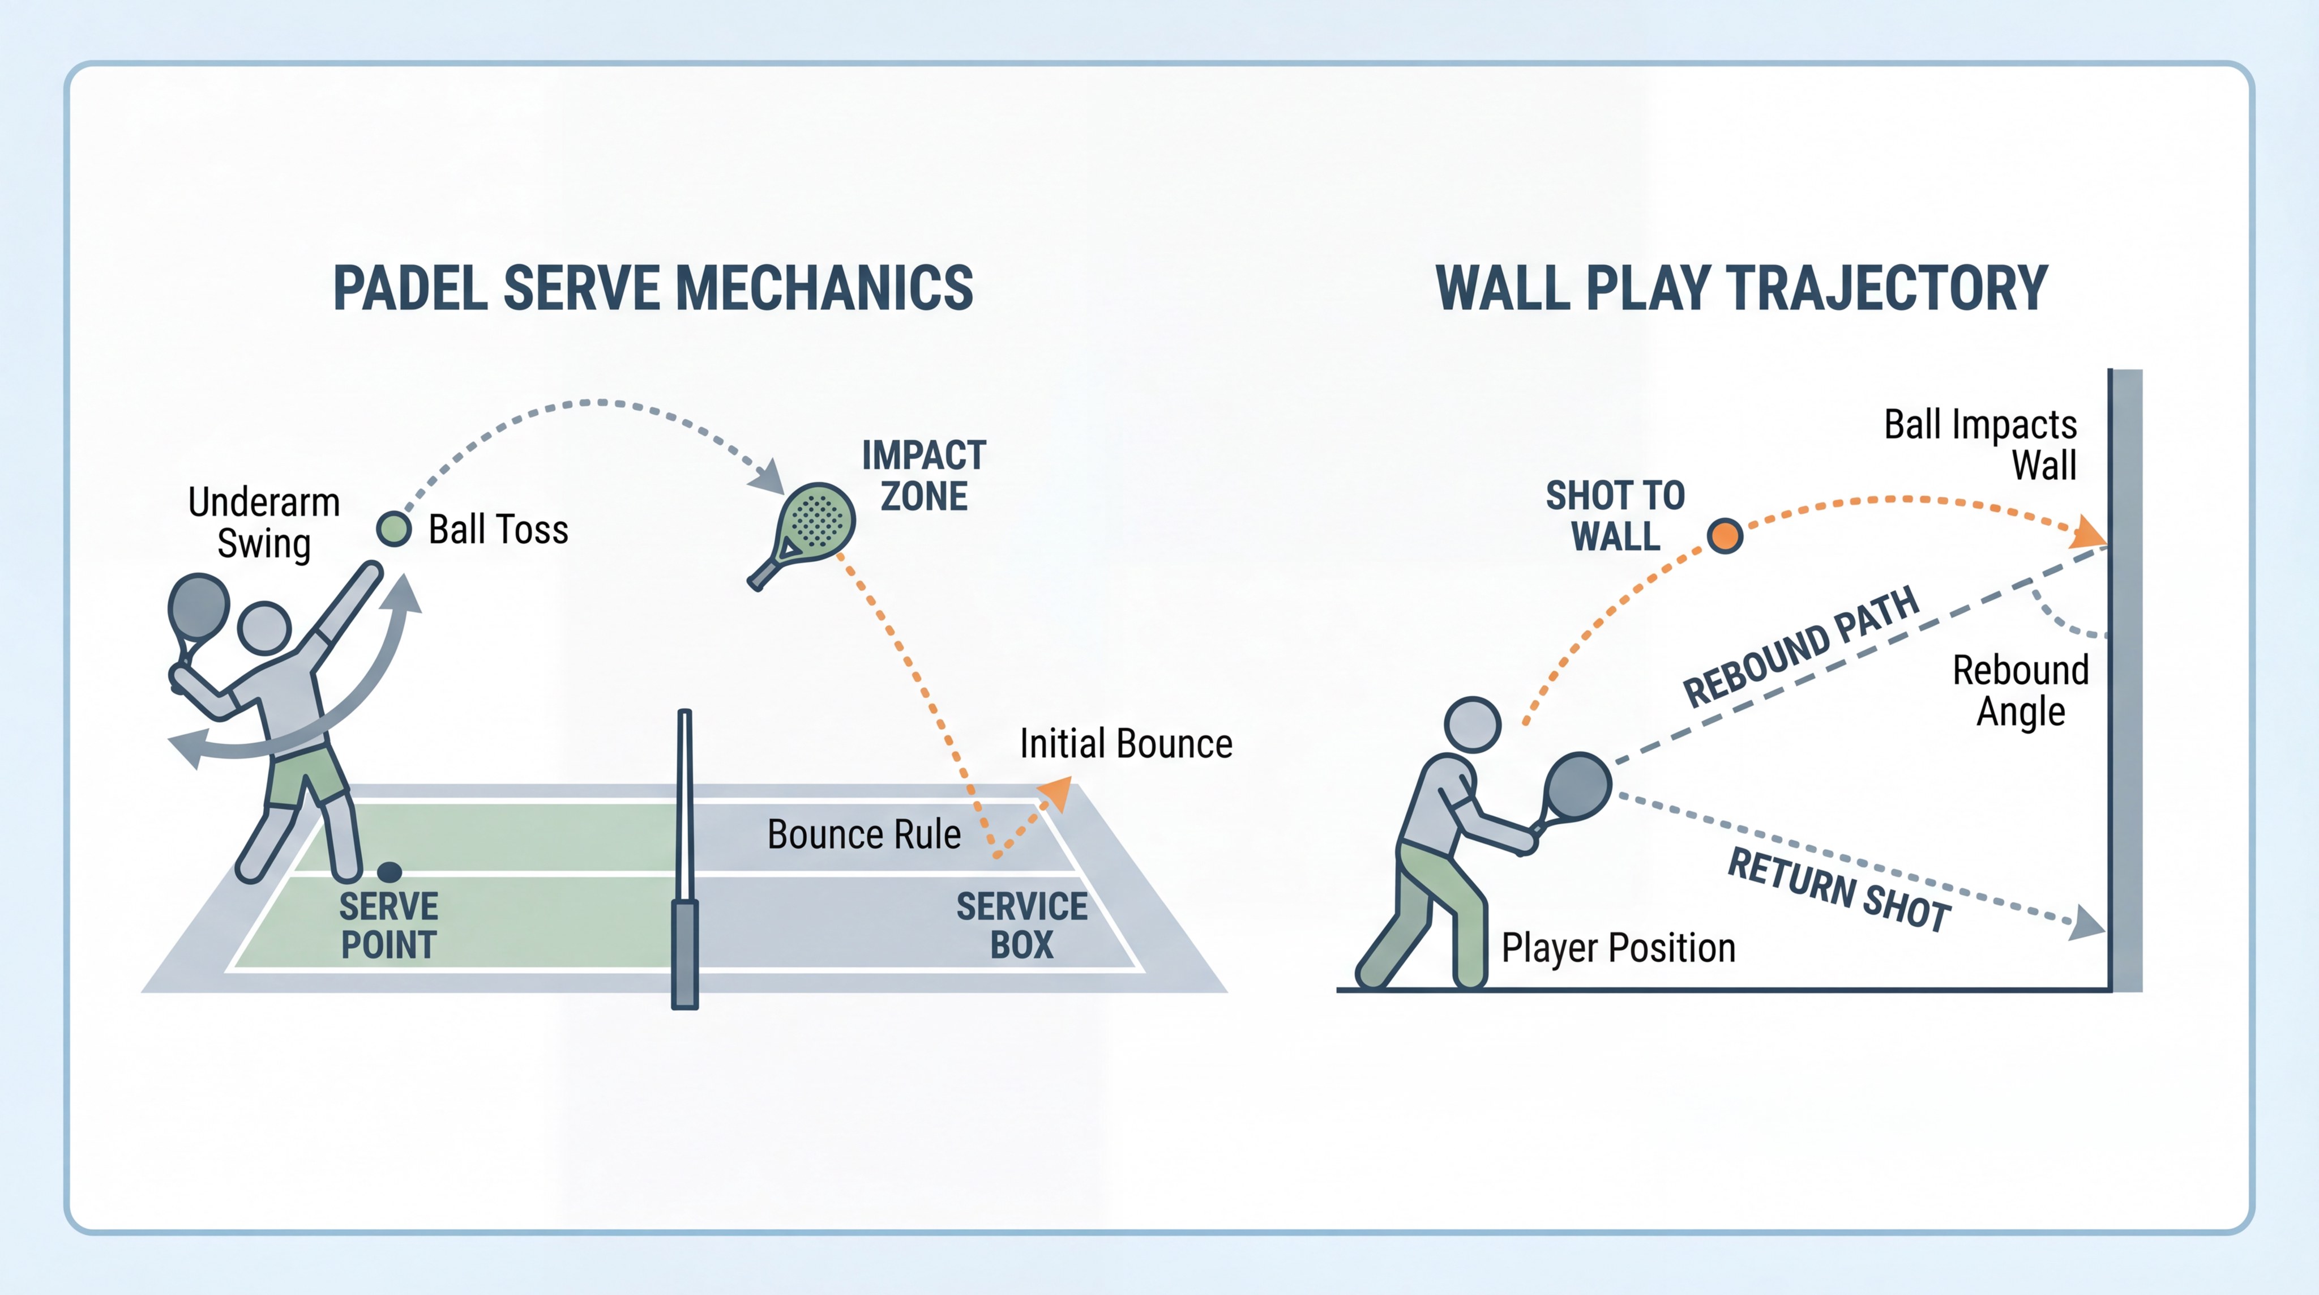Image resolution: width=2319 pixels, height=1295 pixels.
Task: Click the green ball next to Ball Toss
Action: tap(393, 529)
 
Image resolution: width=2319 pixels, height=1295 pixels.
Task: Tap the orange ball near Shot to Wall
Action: tap(1724, 536)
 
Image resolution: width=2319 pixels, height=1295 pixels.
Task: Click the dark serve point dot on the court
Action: tap(389, 872)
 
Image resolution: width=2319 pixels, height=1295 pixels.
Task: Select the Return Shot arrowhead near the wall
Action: tap(2087, 923)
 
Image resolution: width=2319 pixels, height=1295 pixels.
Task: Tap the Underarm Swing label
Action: tap(264, 522)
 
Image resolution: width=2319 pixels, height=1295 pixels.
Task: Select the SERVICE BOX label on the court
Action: tap(1022, 925)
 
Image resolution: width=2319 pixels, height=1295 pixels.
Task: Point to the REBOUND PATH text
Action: tap(1800, 646)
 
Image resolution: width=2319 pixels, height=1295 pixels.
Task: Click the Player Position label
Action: tap(1618, 948)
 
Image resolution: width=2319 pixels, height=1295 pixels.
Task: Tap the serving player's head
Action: tap(264, 628)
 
